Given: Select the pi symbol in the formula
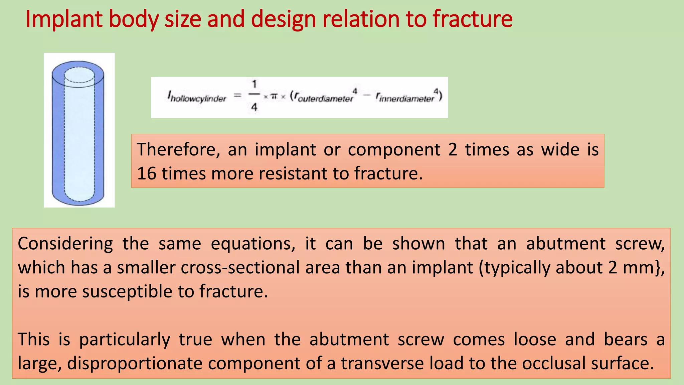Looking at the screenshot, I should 274,97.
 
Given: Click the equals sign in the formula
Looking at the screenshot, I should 237,96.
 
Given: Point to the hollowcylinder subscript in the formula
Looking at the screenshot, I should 198,99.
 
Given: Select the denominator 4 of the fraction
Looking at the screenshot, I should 254,107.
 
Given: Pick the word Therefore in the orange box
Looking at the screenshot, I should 178,149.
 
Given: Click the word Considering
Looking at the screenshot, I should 65,244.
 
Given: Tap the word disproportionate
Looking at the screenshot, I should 135,363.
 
